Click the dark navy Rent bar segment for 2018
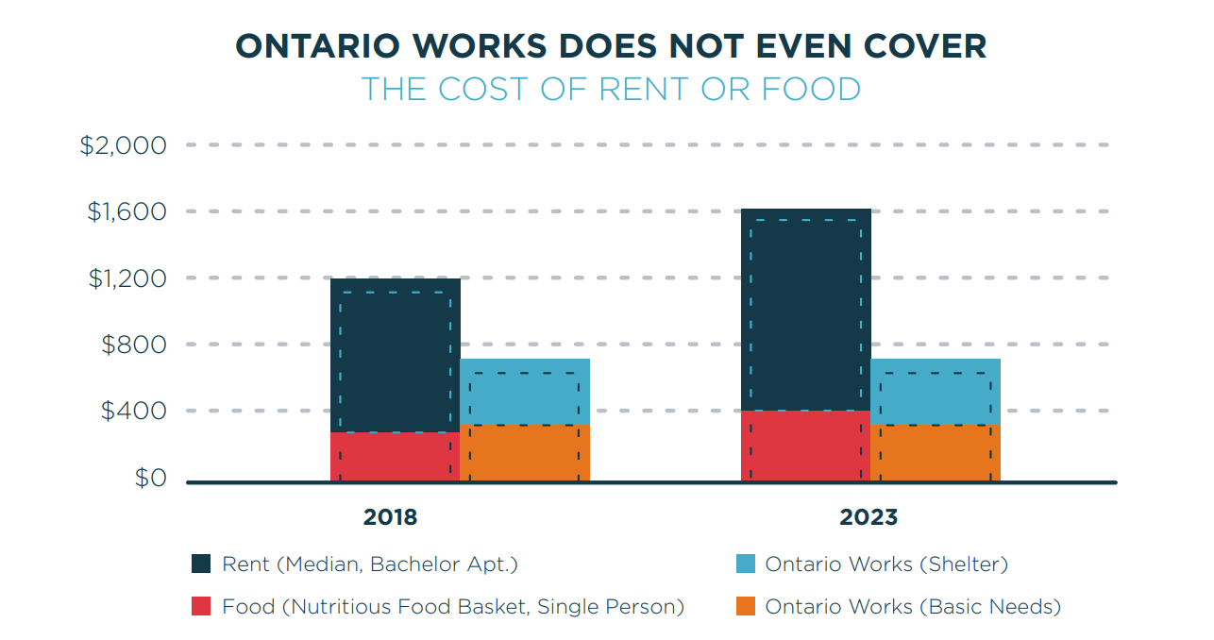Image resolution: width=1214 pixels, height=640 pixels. [395, 355]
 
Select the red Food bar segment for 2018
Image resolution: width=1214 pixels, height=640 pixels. [395, 457]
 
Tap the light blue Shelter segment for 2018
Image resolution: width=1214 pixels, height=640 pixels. [525, 391]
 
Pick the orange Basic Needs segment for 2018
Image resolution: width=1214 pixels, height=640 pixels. [525, 453]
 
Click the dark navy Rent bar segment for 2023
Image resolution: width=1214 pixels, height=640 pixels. [805, 310]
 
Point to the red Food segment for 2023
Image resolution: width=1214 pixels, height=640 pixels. [805, 446]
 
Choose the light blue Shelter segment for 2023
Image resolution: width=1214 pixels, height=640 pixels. [936, 391]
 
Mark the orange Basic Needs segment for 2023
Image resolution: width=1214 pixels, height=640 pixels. [936, 453]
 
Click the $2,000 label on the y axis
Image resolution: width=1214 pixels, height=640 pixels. [123, 145]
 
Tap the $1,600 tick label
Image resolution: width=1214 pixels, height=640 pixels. [126, 211]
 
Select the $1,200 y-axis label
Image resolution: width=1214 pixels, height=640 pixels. [126, 278]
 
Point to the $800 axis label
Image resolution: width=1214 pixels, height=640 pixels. [133, 345]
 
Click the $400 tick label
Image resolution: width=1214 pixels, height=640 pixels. [133, 411]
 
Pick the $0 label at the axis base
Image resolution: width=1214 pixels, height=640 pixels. [149, 478]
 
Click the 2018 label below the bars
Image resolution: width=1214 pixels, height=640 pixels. [390, 517]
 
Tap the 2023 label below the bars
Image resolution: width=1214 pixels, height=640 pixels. [868, 517]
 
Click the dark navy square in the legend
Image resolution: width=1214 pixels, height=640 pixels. [201, 564]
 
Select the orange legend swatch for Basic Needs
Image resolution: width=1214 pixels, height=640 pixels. [745, 606]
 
